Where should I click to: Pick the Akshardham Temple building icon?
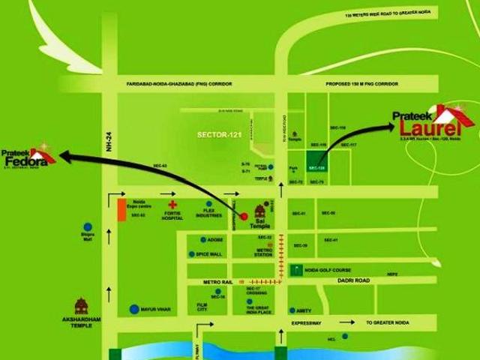click(81, 306)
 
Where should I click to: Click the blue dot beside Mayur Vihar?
click(134, 308)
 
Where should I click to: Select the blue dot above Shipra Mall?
click(88, 226)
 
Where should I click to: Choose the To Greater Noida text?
click(389, 322)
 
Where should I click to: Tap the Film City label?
click(202, 308)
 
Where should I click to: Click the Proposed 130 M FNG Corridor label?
click(361, 84)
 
